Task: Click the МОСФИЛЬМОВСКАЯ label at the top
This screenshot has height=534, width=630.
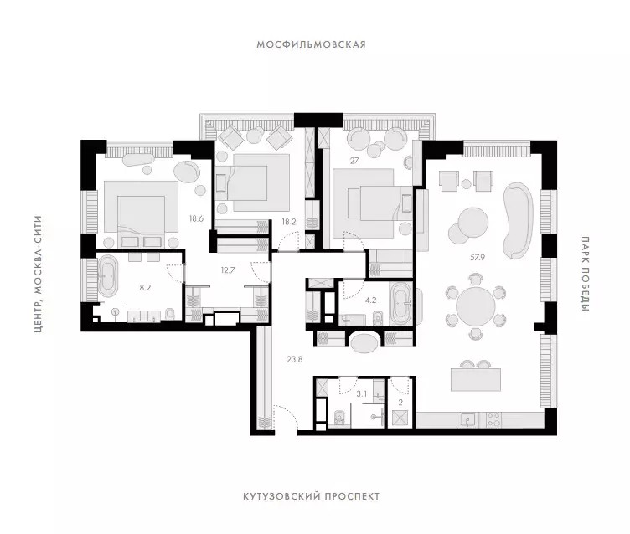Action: click(x=312, y=44)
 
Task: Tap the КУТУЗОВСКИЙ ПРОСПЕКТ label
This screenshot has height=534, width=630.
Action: click(x=312, y=496)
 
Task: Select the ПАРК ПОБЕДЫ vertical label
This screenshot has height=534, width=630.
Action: click(x=586, y=274)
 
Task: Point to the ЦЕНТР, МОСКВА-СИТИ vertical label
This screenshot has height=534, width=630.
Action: click(x=39, y=275)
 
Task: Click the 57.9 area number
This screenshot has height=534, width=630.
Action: click(x=478, y=258)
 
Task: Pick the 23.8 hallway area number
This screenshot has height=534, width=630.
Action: click(x=295, y=360)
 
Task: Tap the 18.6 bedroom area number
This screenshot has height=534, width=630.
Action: click(x=197, y=218)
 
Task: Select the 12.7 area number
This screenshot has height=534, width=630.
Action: click(x=227, y=270)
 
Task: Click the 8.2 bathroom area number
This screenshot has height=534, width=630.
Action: click(x=145, y=287)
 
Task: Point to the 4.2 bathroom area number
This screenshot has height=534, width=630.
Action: click(x=370, y=300)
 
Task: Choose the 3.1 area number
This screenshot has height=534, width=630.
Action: click(x=362, y=394)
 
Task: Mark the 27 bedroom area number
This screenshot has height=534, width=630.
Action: click(x=354, y=161)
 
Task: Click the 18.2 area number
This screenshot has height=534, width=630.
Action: click(x=288, y=222)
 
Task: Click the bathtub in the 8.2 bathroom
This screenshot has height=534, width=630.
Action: click(x=107, y=277)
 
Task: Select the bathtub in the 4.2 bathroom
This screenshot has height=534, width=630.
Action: click(x=400, y=304)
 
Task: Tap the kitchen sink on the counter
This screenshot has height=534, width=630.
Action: click(x=467, y=420)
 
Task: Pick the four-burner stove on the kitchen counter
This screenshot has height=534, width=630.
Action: click(x=493, y=420)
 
